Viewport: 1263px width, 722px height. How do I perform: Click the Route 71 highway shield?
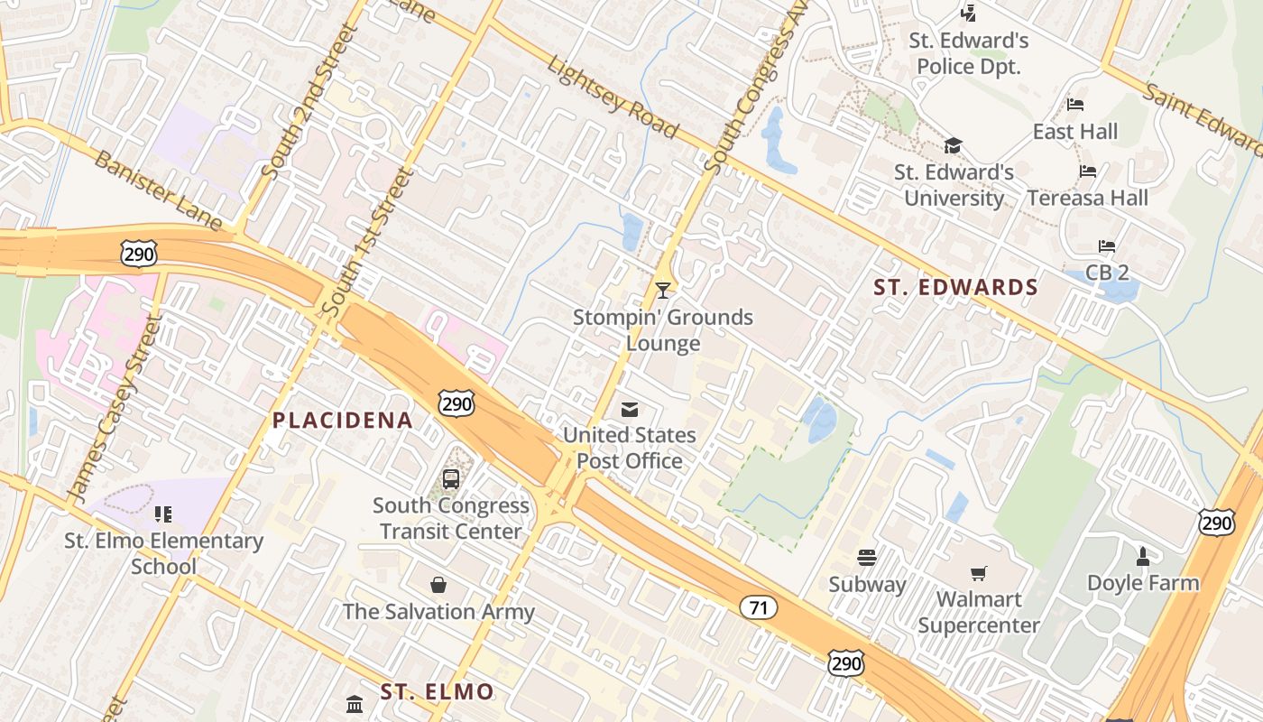758,607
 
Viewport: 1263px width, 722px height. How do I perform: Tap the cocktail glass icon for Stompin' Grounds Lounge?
663,290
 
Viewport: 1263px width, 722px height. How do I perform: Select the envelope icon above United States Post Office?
630,410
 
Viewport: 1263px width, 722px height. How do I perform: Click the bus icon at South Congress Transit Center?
451,479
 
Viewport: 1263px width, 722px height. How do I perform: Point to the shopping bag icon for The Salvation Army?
438,585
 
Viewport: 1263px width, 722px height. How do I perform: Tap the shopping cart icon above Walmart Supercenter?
979,573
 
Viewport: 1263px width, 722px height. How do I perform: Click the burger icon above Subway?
867,558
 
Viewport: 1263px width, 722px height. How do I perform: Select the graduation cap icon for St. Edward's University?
954,145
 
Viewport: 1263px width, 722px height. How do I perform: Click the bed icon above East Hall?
1075,105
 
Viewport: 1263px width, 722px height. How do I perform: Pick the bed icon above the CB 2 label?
1107,246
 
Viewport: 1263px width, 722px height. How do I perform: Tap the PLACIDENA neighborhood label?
343,420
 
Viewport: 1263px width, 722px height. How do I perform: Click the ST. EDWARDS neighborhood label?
956,288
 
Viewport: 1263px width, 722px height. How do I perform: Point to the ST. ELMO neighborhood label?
437,692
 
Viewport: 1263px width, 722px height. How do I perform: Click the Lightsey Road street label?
613,98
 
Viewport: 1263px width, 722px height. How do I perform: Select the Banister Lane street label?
158,190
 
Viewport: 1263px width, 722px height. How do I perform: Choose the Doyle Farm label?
1143,583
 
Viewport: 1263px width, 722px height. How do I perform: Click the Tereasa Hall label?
1088,198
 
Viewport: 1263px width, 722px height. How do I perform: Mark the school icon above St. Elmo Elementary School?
163,514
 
